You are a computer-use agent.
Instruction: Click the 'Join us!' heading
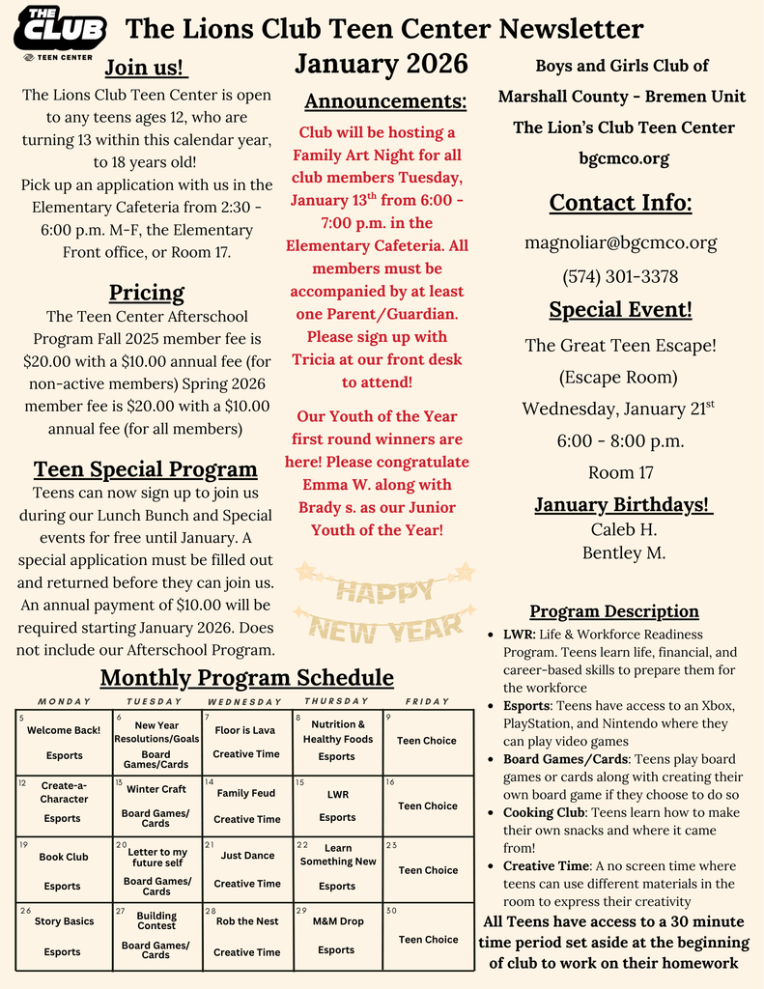point(147,68)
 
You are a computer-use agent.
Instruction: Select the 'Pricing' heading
point(147,292)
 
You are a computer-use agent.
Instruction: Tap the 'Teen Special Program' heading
point(146,469)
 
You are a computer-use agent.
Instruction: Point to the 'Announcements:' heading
point(385,101)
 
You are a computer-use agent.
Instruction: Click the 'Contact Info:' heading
point(620,203)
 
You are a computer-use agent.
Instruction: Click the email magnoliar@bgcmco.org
point(620,242)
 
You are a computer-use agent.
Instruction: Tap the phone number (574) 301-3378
point(620,276)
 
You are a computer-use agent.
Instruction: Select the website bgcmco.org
point(622,158)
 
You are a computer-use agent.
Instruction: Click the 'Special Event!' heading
point(620,310)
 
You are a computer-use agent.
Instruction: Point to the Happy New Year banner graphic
point(384,604)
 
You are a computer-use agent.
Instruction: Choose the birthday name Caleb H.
point(623,529)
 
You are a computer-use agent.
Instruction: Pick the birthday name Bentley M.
point(623,552)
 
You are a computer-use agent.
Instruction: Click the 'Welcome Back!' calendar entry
point(64,730)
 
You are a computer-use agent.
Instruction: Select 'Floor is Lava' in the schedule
point(245,730)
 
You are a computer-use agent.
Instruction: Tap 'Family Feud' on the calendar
point(246,793)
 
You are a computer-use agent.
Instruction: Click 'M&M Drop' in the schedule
point(338,921)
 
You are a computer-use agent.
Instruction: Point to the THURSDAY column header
point(336,701)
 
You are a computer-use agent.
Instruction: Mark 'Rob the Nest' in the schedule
point(247,921)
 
